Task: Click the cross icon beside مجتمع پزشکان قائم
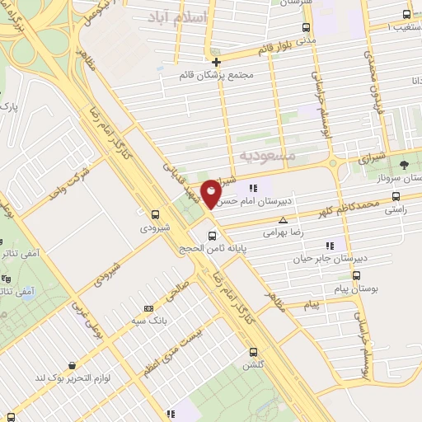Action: [216, 62]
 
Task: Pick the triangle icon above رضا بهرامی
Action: [283, 220]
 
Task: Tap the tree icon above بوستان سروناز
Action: [403, 164]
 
